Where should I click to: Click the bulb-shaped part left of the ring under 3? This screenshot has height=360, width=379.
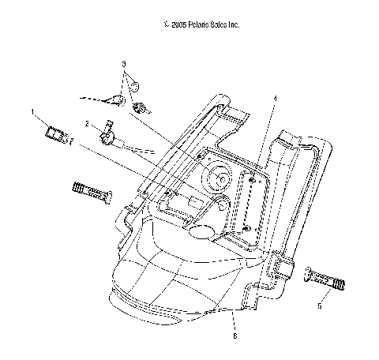pos(116,99)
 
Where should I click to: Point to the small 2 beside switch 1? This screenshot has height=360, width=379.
pos(72,144)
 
